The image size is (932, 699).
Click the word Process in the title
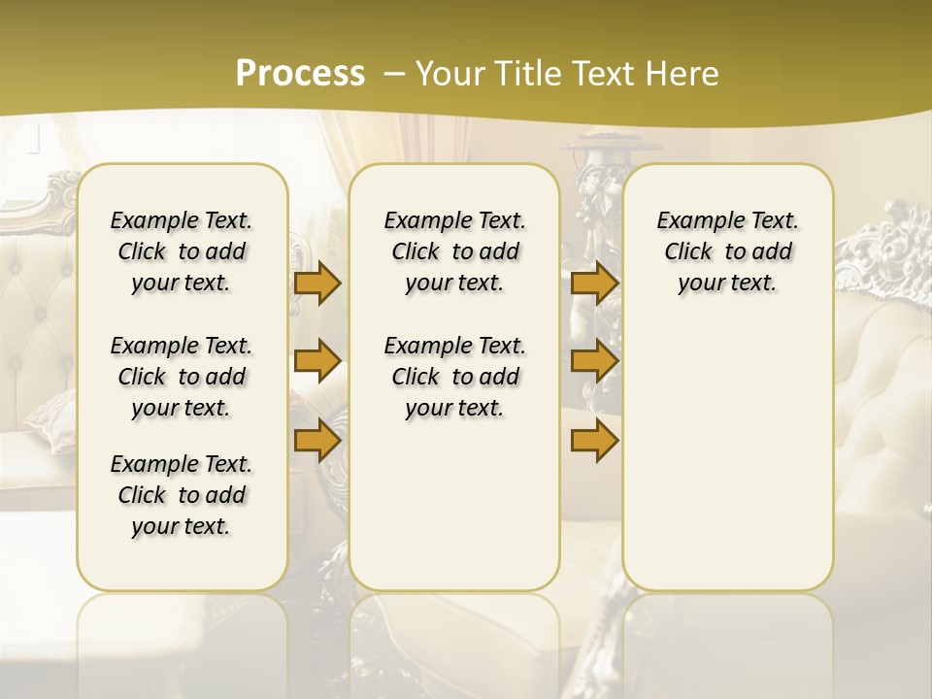coord(300,73)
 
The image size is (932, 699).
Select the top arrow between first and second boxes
coord(317,283)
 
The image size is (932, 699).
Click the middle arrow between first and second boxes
coord(317,361)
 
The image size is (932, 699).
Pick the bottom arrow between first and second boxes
coord(317,440)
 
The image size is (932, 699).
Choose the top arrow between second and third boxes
coord(594,283)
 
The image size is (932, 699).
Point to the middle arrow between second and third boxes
coord(594,361)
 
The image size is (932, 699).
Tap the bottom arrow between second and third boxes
coord(594,440)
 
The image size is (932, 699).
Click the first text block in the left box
coord(182,251)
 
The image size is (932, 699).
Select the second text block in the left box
coord(182,377)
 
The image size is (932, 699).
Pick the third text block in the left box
coord(182,495)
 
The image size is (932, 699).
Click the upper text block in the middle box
coord(454,251)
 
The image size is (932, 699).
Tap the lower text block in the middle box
coord(454,377)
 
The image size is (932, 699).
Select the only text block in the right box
coord(727,251)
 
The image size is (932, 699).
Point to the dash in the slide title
coord(394,74)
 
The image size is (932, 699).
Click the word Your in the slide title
coord(451,74)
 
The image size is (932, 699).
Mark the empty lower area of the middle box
coord(454,505)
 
